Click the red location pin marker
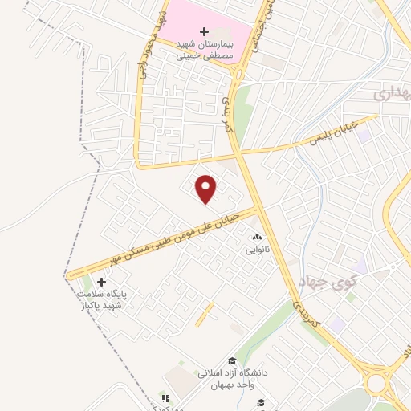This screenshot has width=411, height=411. [207, 189]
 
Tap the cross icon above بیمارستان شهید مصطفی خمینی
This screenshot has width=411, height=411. [204, 30]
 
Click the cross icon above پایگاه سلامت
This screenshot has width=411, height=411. [101, 282]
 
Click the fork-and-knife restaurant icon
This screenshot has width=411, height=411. [165, 397]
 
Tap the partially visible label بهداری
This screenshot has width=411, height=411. [393, 94]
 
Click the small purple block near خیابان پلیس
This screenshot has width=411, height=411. [365, 136]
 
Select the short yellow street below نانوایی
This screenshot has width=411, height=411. [205, 313]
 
